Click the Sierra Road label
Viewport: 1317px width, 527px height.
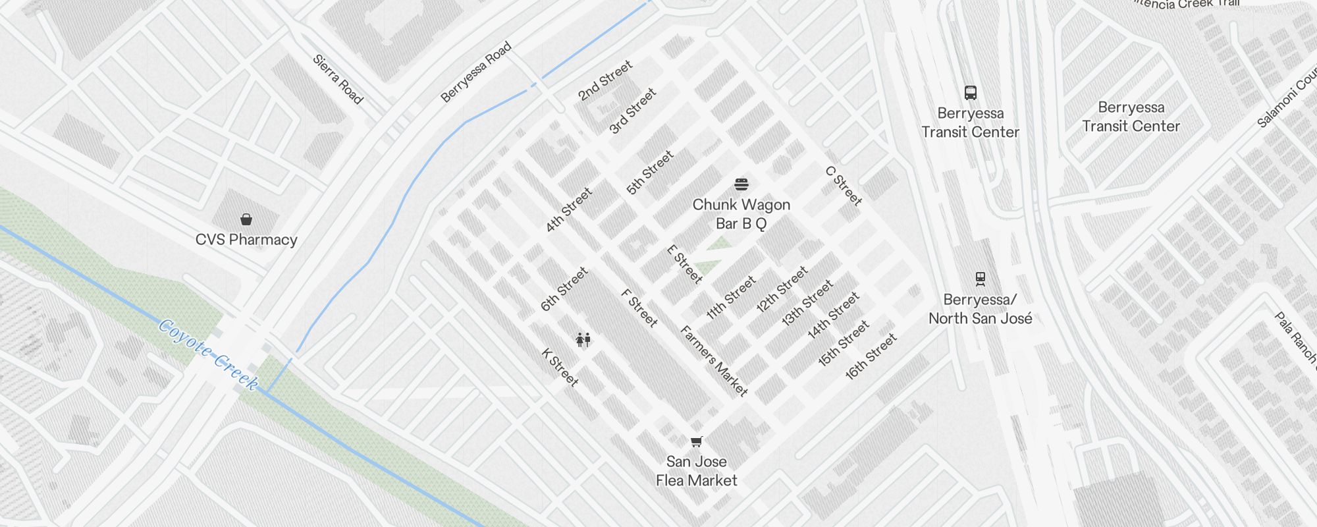pos(338,79)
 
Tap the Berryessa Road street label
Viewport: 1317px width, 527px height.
pos(475,72)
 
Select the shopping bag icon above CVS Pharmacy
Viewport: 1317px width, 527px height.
pos(246,219)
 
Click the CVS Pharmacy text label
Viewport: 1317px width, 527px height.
pos(246,240)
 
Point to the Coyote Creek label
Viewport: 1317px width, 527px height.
pos(209,354)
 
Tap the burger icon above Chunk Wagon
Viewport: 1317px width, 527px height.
pos(741,184)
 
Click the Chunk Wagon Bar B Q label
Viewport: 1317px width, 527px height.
pos(741,214)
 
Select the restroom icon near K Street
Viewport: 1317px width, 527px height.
pos(583,340)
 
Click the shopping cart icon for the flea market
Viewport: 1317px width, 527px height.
pos(697,441)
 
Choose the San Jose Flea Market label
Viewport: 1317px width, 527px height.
pos(697,471)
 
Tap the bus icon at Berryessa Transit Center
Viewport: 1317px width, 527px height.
pos(971,92)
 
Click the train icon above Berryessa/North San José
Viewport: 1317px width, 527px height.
pos(981,279)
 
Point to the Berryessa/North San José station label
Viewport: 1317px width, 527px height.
pos(981,309)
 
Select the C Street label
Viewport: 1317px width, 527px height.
pos(844,186)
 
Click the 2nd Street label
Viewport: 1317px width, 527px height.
pos(605,80)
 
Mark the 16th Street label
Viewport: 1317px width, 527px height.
pos(871,356)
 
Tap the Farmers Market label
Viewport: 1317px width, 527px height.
pos(714,361)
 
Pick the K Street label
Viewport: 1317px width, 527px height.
pos(560,367)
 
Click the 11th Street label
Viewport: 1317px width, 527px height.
pos(731,298)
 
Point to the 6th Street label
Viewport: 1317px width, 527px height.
pos(564,289)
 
